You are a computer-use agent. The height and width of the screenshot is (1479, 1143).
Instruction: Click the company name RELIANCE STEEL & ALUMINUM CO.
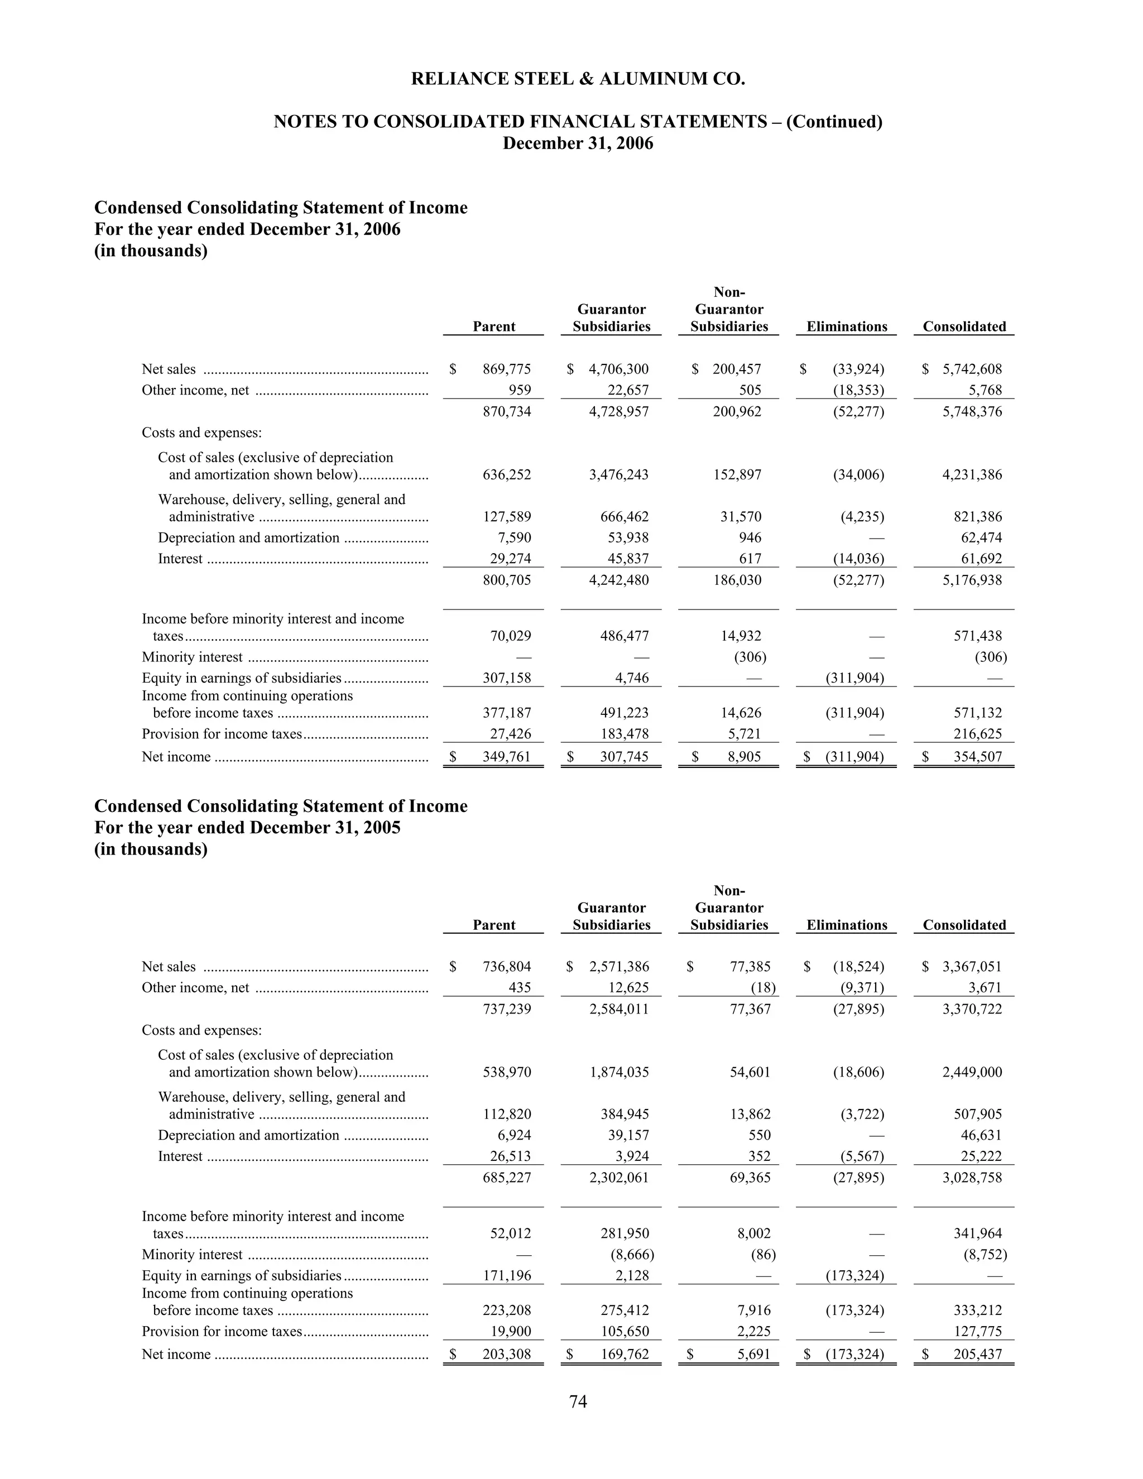point(578,79)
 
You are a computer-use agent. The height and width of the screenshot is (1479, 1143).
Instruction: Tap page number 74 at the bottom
point(578,1401)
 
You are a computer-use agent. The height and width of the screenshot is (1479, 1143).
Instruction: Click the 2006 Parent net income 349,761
point(507,756)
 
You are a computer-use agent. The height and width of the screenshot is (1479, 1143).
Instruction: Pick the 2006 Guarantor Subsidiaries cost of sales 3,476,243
point(618,475)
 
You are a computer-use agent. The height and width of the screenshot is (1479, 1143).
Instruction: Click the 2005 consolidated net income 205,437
point(977,1354)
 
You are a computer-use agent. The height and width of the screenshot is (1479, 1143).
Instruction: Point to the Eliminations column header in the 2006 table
point(847,326)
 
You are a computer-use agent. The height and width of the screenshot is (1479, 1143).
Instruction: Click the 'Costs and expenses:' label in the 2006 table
point(202,432)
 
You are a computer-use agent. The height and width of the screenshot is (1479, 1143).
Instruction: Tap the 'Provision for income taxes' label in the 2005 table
point(222,1331)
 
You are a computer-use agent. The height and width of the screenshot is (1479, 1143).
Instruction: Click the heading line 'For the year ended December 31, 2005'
point(247,828)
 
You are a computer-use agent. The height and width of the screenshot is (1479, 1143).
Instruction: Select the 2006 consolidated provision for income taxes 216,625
point(977,733)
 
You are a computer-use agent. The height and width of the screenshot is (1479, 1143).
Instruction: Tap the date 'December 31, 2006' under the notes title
point(578,143)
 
